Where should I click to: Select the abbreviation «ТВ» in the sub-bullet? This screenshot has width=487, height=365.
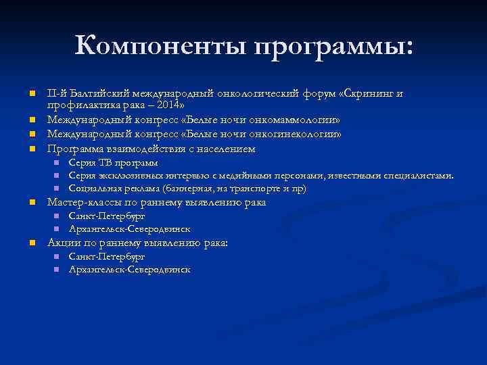pyautogui.click(x=106, y=163)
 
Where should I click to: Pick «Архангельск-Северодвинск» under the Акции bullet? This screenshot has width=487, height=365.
pyautogui.click(x=129, y=270)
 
